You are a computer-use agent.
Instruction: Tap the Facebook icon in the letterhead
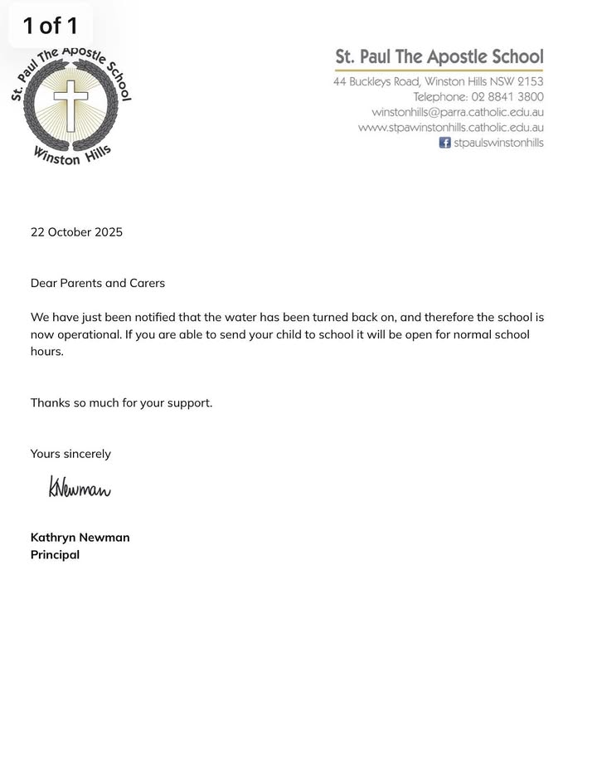coord(445,143)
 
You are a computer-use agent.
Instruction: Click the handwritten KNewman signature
coord(80,488)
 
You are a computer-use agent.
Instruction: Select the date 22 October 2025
coord(76,232)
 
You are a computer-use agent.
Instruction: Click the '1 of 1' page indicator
coord(50,26)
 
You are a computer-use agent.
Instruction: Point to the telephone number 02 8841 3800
coord(507,97)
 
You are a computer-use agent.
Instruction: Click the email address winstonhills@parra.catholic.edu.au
coord(458,112)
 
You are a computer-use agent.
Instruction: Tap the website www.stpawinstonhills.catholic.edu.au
coord(451,128)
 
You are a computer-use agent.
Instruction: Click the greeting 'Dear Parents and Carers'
coord(98,284)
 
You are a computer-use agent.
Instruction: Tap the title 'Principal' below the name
coord(55,555)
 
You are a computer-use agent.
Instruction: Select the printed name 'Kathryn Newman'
coord(80,538)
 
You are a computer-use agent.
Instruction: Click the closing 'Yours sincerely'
coord(70,454)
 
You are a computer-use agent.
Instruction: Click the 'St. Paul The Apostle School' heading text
coord(439,57)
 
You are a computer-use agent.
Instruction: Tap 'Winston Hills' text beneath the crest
coord(72,155)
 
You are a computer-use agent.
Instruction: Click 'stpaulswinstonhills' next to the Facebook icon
coord(498,143)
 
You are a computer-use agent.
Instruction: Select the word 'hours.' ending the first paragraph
coord(47,352)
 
